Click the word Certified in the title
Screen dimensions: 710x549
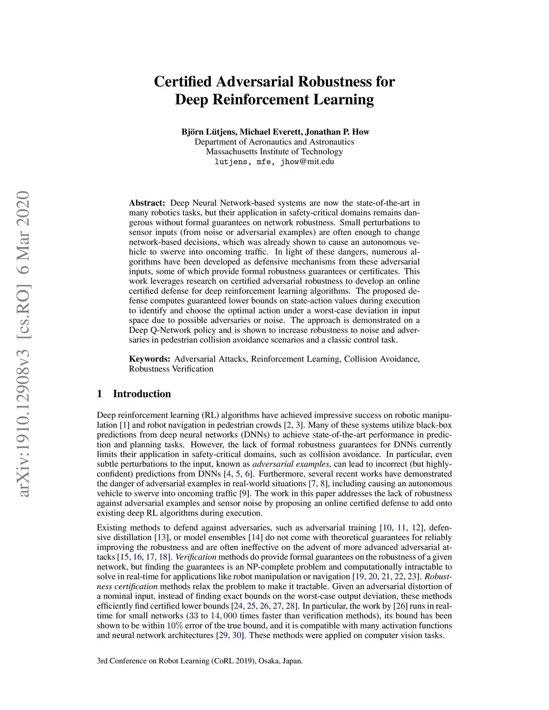coord(183,82)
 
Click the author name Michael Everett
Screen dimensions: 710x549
coord(269,132)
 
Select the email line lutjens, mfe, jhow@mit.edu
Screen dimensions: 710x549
coord(274,161)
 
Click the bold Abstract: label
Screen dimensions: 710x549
coord(147,203)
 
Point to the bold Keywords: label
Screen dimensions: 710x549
coord(150,359)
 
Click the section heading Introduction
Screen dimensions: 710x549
coord(142,394)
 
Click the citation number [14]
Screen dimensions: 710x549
coord(255,537)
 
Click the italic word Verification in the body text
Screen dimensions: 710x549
coord(196,557)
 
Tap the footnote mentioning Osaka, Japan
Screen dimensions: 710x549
coord(199,661)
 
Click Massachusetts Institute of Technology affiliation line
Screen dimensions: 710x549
coord(274,152)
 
